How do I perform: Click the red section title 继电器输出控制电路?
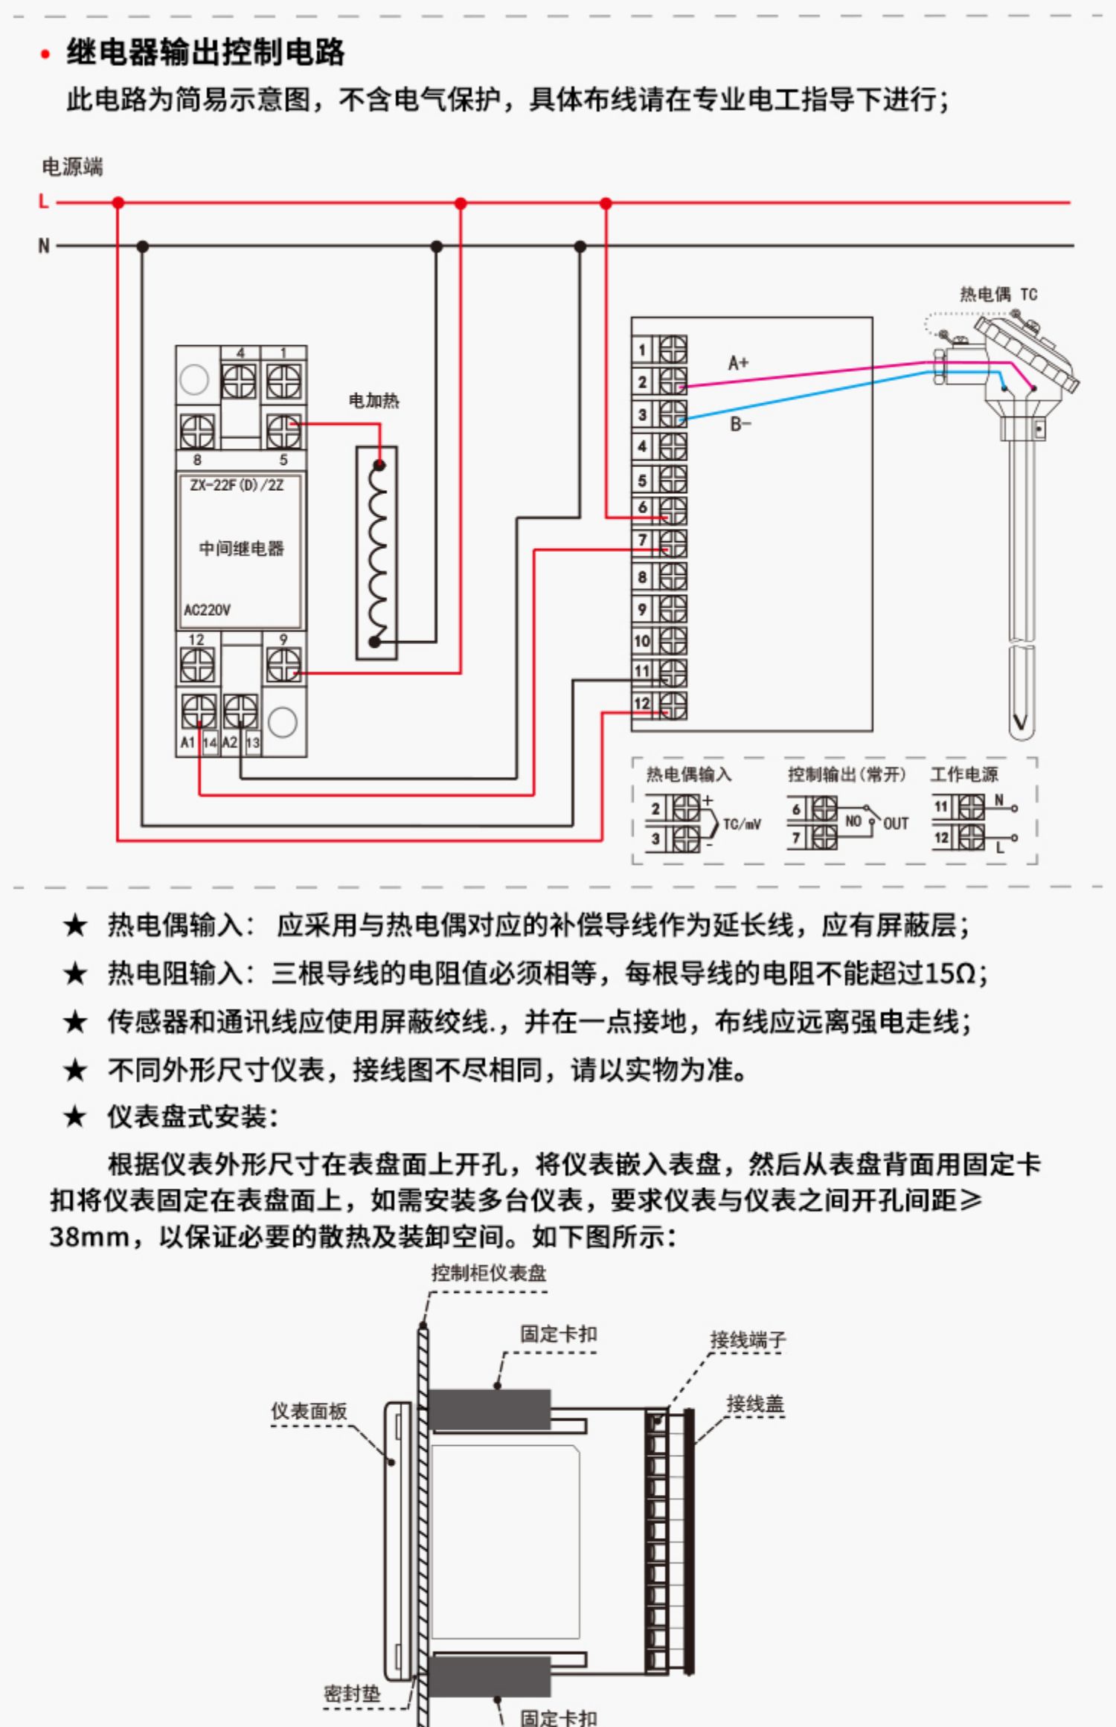click(x=205, y=52)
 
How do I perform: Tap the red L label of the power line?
click(x=44, y=202)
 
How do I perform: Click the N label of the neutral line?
click(x=44, y=245)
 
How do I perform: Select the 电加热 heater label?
click(x=374, y=401)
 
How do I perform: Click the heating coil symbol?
click(x=378, y=553)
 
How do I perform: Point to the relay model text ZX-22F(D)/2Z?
click(x=237, y=485)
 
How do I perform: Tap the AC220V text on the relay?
click(x=207, y=610)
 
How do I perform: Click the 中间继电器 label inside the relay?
click(x=242, y=548)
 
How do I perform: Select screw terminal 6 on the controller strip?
click(x=673, y=510)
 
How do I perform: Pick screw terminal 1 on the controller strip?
click(x=673, y=349)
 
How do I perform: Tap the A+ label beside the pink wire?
click(x=738, y=363)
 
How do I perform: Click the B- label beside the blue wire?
click(x=740, y=425)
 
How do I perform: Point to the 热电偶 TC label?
click(x=998, y=295)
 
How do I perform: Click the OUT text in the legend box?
click(x=896, y=823)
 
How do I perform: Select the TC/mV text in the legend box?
click(x=742, y=824)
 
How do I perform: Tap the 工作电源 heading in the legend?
click(x=964, y=774)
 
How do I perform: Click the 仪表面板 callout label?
click(x=309, y=1411)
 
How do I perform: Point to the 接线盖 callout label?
click(x=755, y=1404)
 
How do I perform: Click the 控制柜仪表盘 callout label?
click(x=489, y=1273)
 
